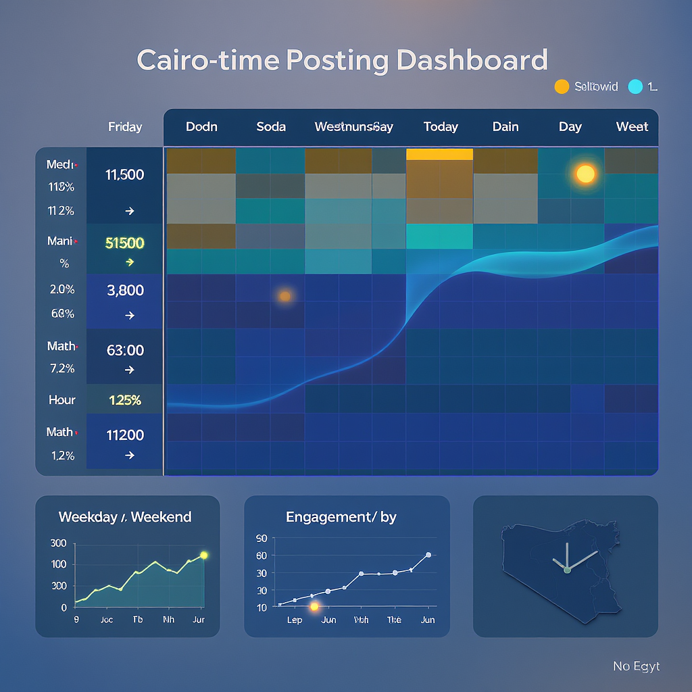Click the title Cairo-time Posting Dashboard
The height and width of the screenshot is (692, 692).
coord(342,60)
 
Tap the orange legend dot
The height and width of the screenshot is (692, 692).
coord(561,86)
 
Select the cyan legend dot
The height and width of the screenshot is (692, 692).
coord(635,86)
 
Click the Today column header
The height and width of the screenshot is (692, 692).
coord(441,126)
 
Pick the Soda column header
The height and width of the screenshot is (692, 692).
coord(271,126)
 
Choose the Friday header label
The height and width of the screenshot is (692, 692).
coord(125,126)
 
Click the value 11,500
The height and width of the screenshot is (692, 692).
coord(125,174)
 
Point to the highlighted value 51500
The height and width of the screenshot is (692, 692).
coord(125,243)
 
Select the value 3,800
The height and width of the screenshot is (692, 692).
coord(125,291)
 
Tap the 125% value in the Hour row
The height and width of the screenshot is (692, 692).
coord(125,400)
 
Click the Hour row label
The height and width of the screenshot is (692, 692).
coord(62,400)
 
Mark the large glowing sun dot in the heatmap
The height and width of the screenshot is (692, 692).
coord(585,174)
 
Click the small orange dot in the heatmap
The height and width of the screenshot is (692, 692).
coord(285,295)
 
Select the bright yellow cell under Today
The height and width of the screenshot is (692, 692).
coord(439,155)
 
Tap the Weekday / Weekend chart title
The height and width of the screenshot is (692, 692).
coord(125,517)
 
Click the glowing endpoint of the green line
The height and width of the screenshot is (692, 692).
coord(204,555)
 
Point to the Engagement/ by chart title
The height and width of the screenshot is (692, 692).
coord(341,517)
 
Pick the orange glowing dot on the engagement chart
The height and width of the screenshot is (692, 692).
coord(314,607)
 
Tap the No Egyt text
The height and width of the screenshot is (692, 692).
coord(636,666)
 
